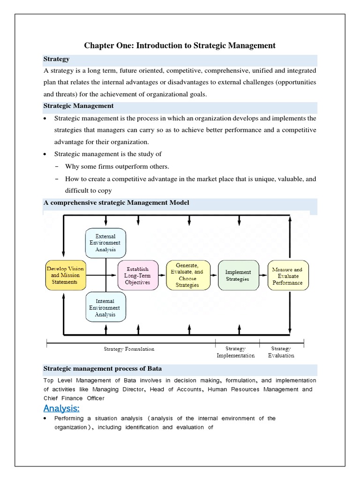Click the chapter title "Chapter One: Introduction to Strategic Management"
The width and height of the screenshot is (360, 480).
180,45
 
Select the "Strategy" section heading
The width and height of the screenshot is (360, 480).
57,59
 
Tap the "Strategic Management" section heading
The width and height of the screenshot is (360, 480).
78,106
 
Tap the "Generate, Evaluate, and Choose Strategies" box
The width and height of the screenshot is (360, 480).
187,275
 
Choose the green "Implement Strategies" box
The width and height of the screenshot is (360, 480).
238,275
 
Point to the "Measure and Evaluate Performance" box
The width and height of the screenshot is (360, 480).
287,276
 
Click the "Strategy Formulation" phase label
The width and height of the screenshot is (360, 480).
129,349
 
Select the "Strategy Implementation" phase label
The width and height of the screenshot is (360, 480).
235,352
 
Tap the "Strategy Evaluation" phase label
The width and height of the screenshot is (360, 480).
281,352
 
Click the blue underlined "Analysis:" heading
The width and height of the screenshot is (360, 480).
61,408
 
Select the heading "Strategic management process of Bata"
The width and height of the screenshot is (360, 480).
103,368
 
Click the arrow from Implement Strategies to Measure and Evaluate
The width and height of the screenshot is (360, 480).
262,276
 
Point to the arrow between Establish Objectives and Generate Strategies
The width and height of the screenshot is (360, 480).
161,276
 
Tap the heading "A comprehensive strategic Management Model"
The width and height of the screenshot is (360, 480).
116,202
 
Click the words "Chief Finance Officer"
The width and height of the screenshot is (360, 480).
74,398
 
